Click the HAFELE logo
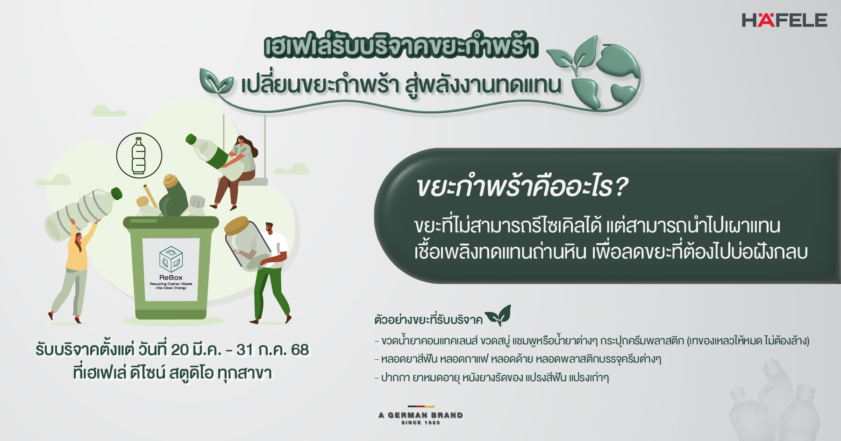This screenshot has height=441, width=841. click(784, 20)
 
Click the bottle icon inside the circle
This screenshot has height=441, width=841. click(139, 155)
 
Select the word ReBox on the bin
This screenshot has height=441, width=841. click(171, 277)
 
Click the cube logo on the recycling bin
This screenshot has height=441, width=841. click(171, 259)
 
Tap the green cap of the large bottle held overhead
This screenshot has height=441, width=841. click(116, 193)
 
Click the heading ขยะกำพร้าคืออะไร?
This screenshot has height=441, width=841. click(522, 187)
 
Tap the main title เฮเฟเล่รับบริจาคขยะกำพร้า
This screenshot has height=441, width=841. click(401, 46)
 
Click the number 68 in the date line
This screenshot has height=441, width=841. click(300, 350)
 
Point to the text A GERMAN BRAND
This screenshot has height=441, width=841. click(420, 415)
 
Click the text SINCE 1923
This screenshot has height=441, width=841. click(420, 422)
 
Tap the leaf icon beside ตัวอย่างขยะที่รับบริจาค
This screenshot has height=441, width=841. click(498, 315)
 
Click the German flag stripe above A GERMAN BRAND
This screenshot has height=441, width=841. click(420, 406)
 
